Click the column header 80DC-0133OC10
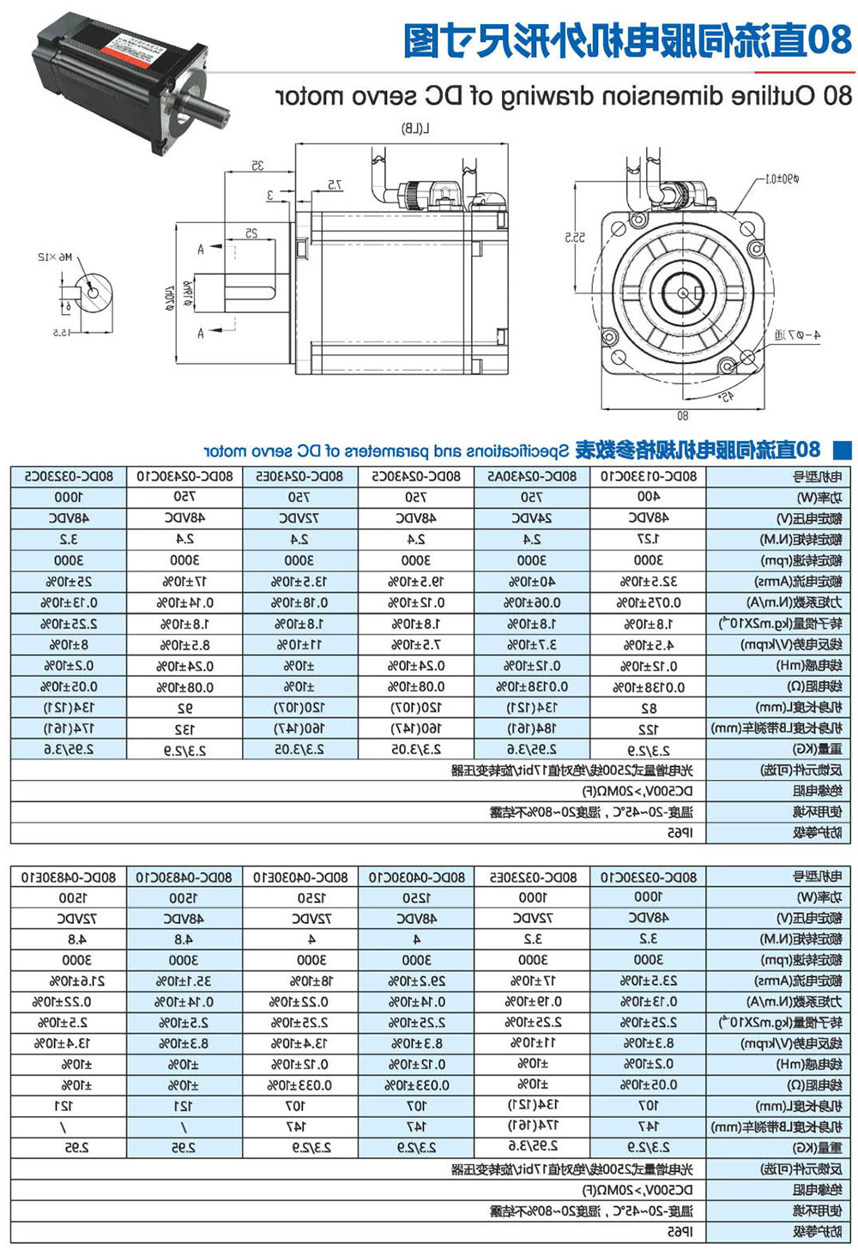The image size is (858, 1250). (x=649, y=476)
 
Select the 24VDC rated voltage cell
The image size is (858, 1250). (x=532, y=518)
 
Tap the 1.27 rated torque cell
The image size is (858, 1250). (x=649, y=540)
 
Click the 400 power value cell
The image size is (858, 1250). (x=649, y=497)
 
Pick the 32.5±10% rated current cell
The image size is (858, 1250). (x=649, y=582)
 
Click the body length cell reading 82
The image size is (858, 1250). (x=649, y=709)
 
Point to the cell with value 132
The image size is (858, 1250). (x=184, y=729)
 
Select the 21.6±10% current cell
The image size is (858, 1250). (x=68, y=981)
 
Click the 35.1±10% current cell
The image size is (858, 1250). (x=184, y=981)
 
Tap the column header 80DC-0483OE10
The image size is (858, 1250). (x=68, y=877)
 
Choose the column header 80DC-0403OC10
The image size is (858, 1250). (x=417, y=877)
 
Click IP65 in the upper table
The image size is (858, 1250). (x=680, y=833)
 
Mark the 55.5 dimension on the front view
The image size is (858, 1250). (x=574, y=237)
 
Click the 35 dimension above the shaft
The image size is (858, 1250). (x=257, y=166)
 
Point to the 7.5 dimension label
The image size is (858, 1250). (x=334, y=185)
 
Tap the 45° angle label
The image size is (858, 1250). (x=726, y=396)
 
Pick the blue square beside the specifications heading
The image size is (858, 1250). (x=843, y=449)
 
